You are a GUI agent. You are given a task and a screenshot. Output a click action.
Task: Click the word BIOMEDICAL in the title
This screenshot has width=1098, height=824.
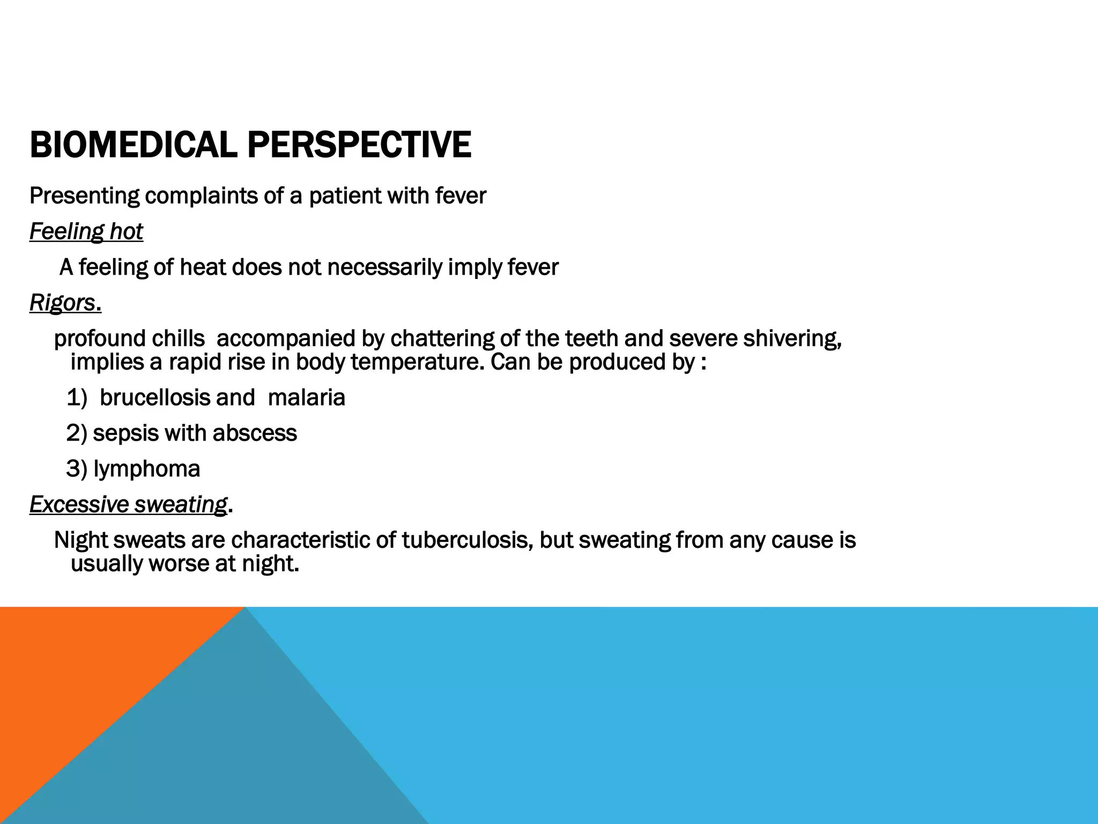pyautogui.click(x=133, y=145)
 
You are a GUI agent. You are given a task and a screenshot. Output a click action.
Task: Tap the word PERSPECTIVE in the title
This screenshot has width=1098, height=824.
pyautogui.click(x=359, y=145)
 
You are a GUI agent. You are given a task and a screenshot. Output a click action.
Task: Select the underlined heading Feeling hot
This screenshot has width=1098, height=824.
pyautogui.click(x=86, y=232)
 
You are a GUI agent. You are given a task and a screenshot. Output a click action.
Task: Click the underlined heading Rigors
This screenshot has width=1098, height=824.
pyautogui.click(x=63, y=303)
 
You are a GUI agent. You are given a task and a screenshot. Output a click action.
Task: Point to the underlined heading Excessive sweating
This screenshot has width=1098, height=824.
pyautogui.click(x=128, y=504)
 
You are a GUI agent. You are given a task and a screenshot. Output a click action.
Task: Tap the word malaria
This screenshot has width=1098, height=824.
pyautogui.click(x=306, y=398)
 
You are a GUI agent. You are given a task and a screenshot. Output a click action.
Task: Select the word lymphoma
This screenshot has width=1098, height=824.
pyautogui.click(x=146, y=469)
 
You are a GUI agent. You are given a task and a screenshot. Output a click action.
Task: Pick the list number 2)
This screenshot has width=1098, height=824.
pyautogui.click(x=77, y=433)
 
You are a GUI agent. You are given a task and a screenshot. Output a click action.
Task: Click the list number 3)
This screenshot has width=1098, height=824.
pyautogui.click(x=77, y=469)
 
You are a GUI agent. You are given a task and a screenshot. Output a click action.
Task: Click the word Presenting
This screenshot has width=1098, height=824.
pyautogui.click(x=84, y=196)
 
